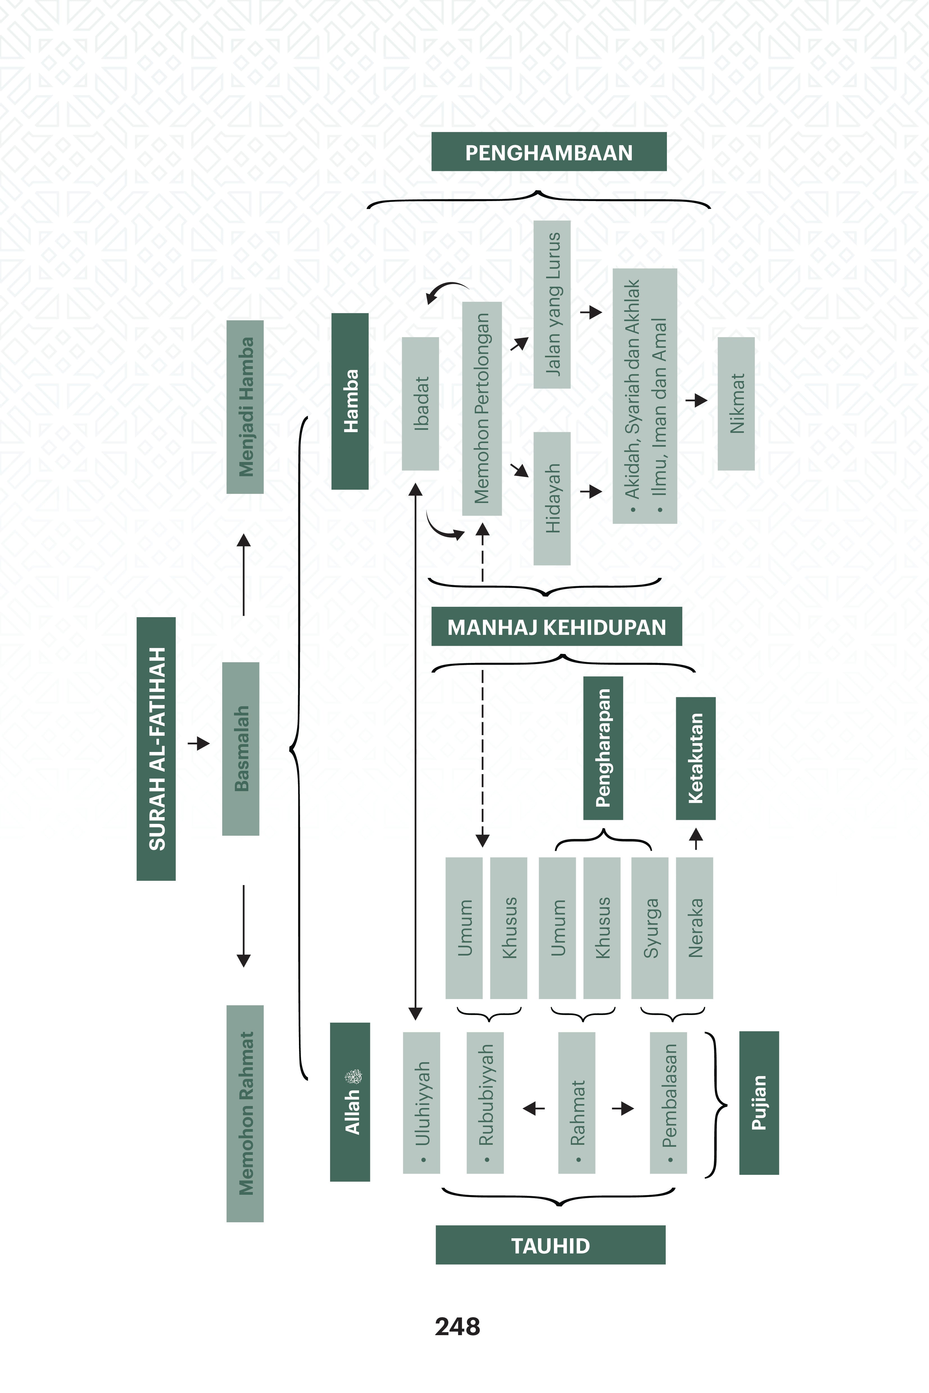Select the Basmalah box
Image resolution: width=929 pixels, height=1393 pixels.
(x=240, y=749)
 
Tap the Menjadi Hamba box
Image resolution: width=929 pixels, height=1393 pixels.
(x=245, y=407)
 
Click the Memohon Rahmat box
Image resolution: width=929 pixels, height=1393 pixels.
(x=245, y=1113)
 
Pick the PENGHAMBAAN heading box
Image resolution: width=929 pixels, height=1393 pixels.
(x=549, y=152)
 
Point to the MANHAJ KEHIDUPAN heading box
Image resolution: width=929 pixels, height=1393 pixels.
(x=556, y=626)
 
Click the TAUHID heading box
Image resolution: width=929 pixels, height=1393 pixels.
(x=550, y=1245)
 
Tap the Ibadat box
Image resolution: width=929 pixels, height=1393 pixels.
(x=420, y=403)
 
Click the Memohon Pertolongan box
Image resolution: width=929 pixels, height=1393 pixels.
(x=482, y=408)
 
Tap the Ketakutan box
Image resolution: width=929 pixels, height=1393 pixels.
(x=696, y=758)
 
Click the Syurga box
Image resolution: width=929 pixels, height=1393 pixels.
(x=650, y=928)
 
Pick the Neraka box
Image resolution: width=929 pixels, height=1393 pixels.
(x=694, y=928)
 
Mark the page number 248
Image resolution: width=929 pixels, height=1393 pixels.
(x=457, y=1327)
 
